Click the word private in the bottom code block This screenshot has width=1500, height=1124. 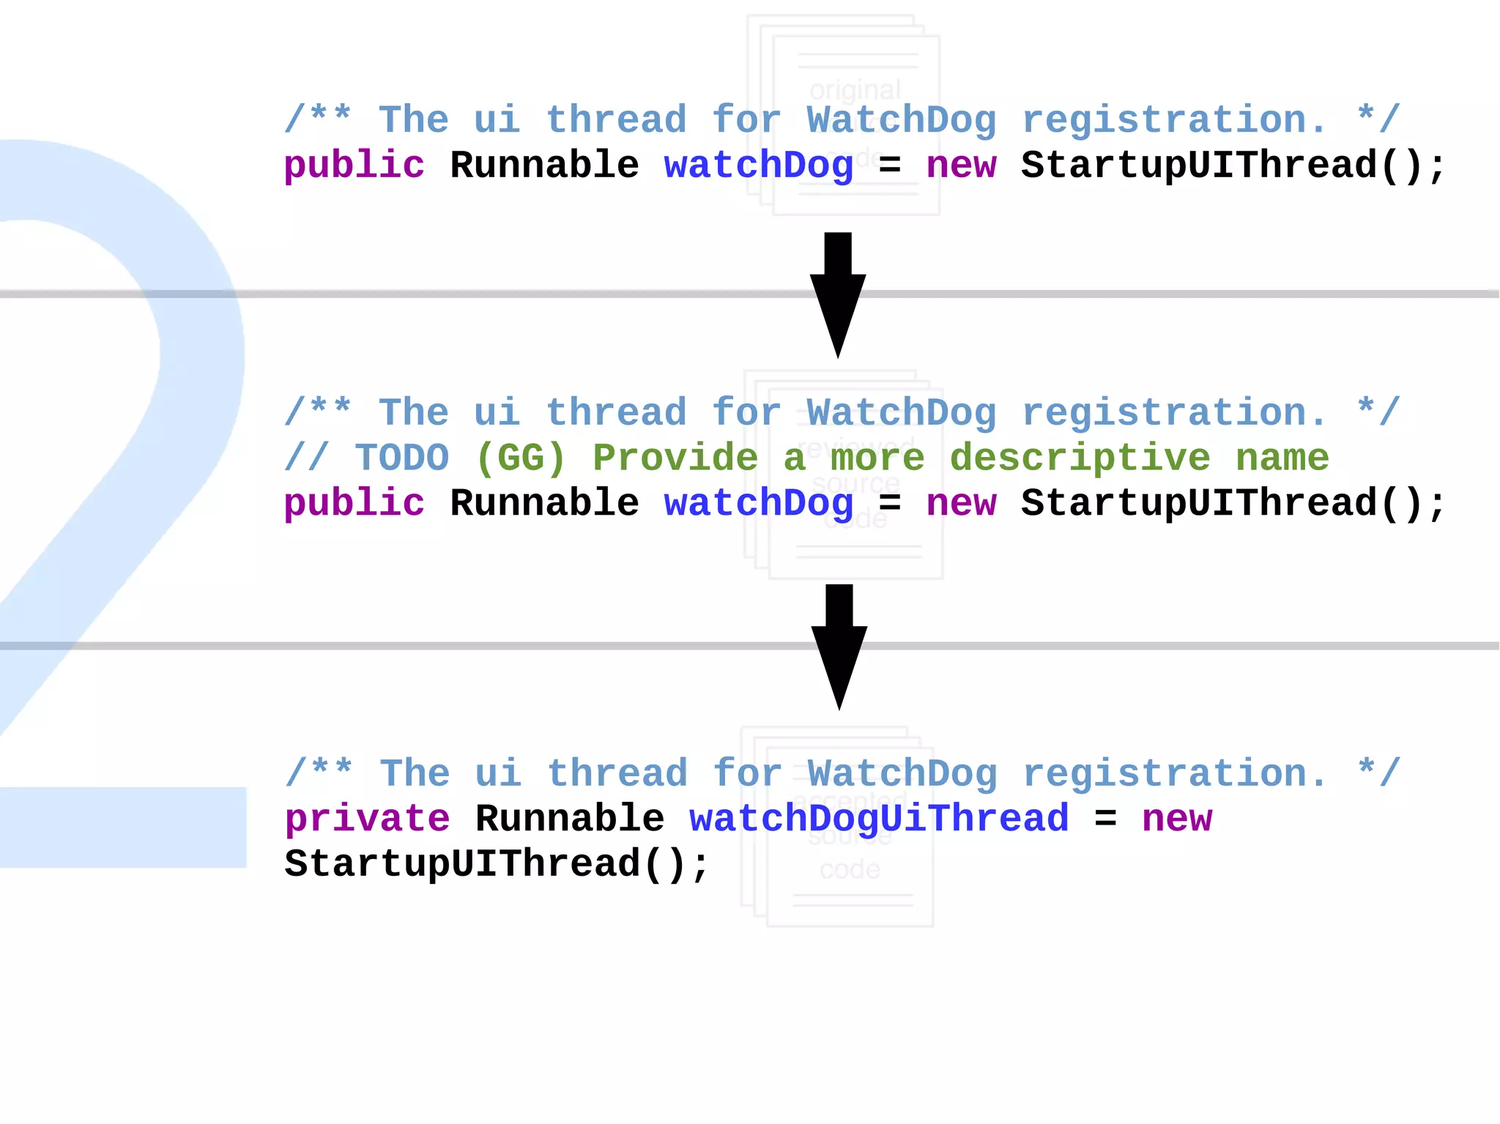tap(367, 819)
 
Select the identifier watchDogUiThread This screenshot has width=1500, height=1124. tap(879, 819)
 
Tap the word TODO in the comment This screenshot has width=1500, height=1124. tap(402, 458)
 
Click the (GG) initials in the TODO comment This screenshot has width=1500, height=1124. tap(521, 458)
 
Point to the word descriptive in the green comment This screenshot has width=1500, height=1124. tap(1080, 458)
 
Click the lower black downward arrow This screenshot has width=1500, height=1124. tap(839, 644)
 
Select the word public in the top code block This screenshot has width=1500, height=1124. tap(354, 165)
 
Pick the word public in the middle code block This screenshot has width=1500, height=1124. tap(354, 504)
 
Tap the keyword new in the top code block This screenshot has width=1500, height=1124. tap(961, 165)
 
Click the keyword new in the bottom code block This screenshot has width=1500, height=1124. tap(1177, 819)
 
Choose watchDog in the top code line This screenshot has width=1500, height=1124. tap(759, 165)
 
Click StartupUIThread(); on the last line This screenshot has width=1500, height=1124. tap(497, 864)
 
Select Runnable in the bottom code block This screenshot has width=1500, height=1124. tap(570, 819)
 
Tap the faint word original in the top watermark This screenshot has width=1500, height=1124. tap(855, 90)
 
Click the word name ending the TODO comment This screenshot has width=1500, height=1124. tap(1282, 458)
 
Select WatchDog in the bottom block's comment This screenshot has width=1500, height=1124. tap(902, 774)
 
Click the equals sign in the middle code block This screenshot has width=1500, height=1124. tap(890, 504)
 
